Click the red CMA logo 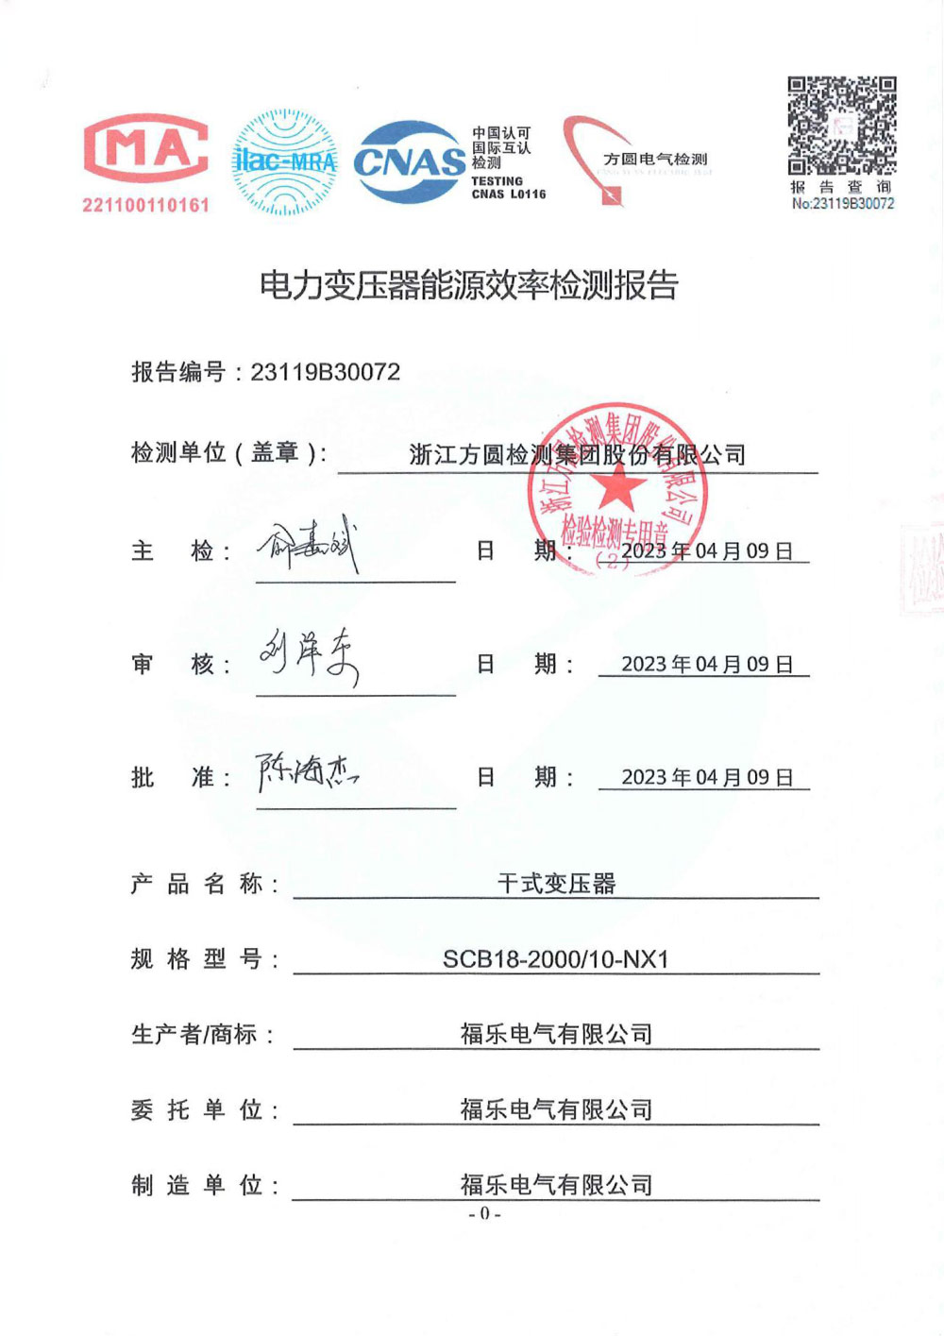click(x=146, y=148)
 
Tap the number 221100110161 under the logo click(x=145, y=205)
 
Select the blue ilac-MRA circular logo click(x=285, y=161)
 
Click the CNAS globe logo click(x=410, y=161)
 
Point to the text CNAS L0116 click(x=508, y=194)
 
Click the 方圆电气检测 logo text click(x=655, y=159)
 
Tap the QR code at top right click(x=842, y=126)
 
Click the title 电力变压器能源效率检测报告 click(x=469, y=284)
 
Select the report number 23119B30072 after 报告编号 click(x=325, y=372)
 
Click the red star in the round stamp click(x=617, y=487)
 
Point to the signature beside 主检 click(x=310, y=546)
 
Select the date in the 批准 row click(x=706, y=777)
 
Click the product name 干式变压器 click(x=556, y=884)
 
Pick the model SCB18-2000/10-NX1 click(x=555, y=959)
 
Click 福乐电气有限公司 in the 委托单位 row click(x=556, y=1109)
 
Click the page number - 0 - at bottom click(x=484, y=1214)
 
